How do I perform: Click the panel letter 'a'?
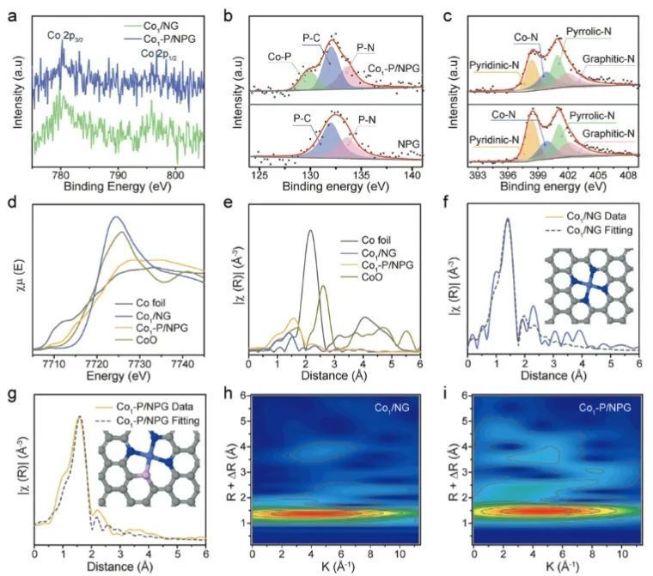pyautogui.click(x=12, y=15)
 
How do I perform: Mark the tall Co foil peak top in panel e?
pyautogui.click(x=310, y=230)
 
